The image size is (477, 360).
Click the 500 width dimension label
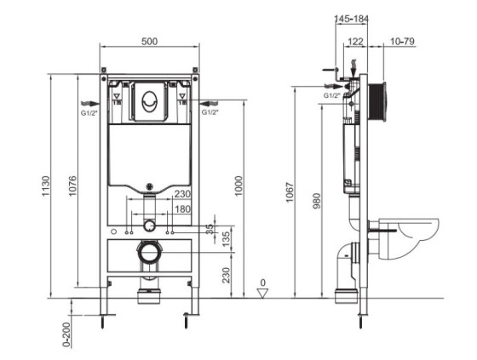[x=149, y=39]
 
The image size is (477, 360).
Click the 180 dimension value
[x=182, y=209]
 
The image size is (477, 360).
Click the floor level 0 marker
[x=262, y=283]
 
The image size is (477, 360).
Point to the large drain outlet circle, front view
[x=150, y=253]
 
